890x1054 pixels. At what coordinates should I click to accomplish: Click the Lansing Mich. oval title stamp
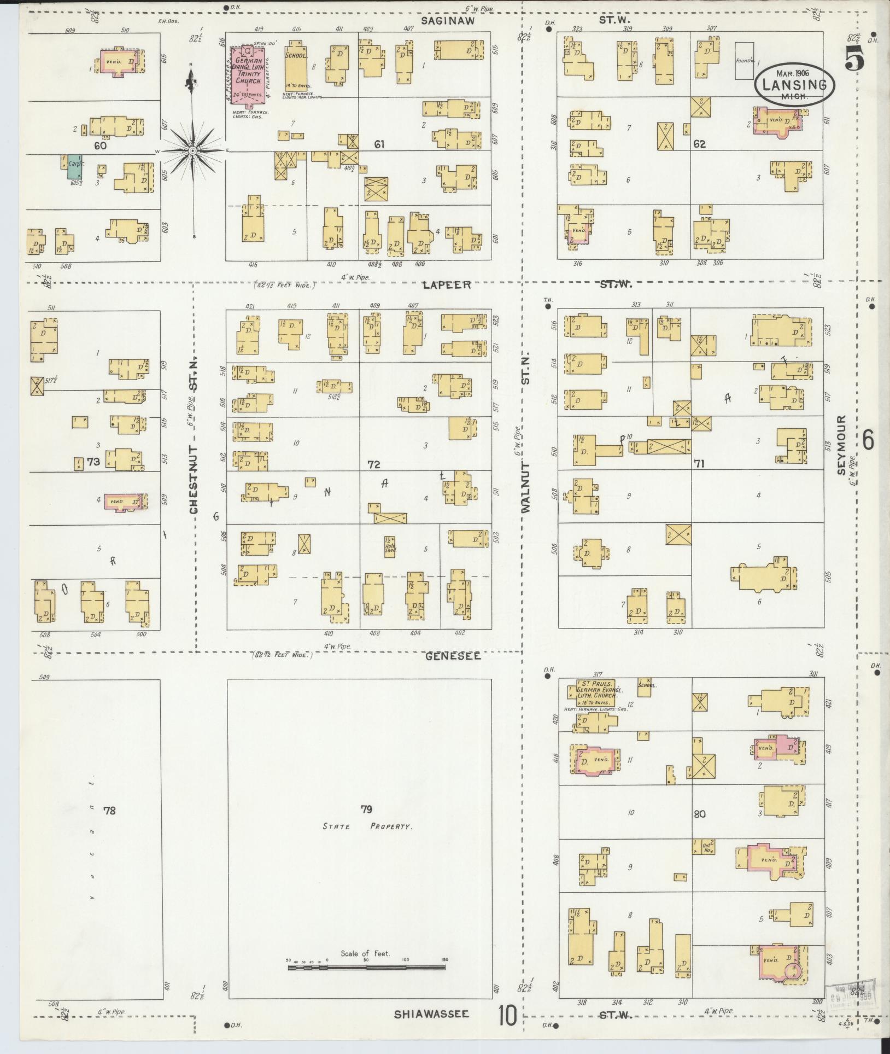795,84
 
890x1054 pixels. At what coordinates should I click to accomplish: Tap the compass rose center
192,150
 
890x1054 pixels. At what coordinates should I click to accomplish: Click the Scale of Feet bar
366,968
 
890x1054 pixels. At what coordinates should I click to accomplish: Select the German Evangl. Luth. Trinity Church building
248,73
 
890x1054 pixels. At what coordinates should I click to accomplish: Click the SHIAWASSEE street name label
431,1014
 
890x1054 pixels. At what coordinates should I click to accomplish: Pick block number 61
379,144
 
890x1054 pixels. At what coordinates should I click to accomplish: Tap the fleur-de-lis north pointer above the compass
191,84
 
